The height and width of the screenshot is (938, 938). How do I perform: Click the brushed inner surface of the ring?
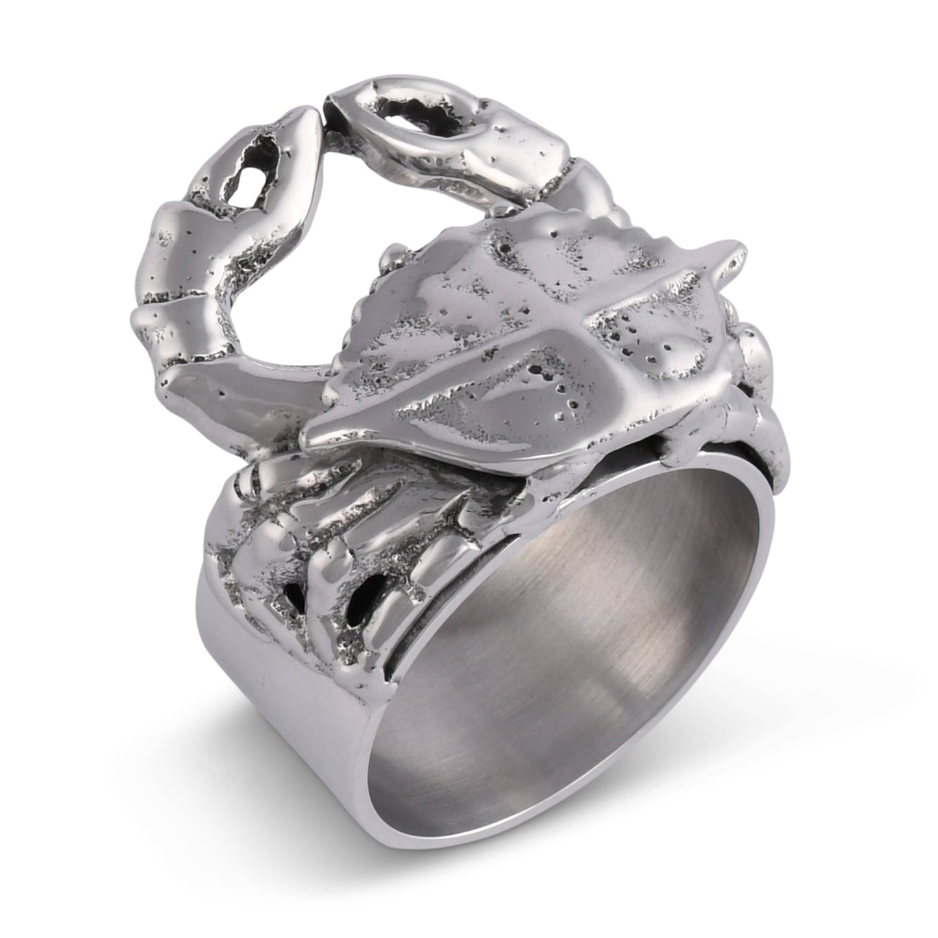coord(552,649)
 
